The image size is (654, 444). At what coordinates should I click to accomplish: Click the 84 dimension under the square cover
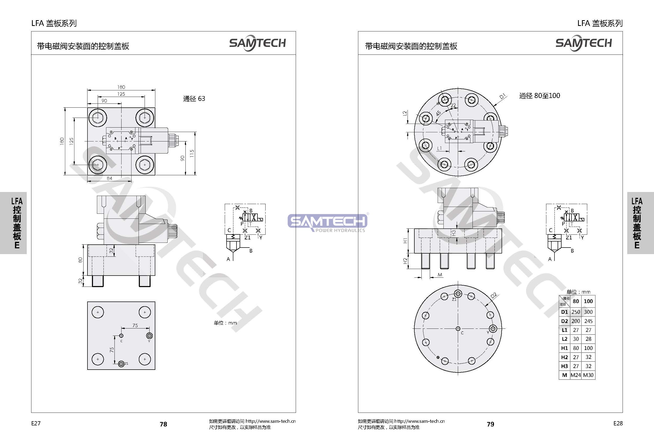pyautogui.click(x=109, y=178)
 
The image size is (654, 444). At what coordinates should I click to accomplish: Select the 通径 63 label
pyautogui.click(x=194, y=98)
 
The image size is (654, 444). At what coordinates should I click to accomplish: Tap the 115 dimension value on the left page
pyautogui.click(x=192, y=153)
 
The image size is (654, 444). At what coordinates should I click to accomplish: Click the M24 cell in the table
pyautogui.click(x=575, y=375)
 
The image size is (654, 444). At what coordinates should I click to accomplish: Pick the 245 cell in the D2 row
pyautogui.click(x=589, y=321)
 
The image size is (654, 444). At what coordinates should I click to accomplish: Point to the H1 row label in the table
pyautogui.click(x=564, y=348)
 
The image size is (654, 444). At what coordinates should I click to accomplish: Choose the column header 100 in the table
pyautogui.click(x=589, y=301)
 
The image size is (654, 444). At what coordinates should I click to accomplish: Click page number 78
pyautogui.click(x=163, y=424)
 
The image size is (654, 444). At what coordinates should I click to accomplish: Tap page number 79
pyautogui.click(x=491, y=424)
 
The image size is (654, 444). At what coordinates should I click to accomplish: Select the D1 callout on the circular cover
pyautogui.click(x=503, y=96)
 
